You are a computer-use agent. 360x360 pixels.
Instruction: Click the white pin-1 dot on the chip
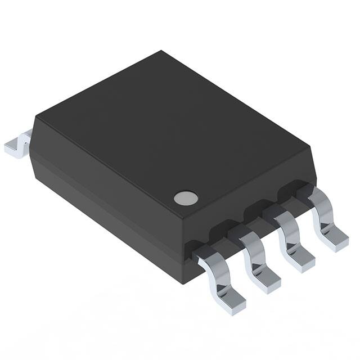click(x=186, y=197)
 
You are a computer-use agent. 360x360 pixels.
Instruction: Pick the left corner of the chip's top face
click(x=34, y=118)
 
